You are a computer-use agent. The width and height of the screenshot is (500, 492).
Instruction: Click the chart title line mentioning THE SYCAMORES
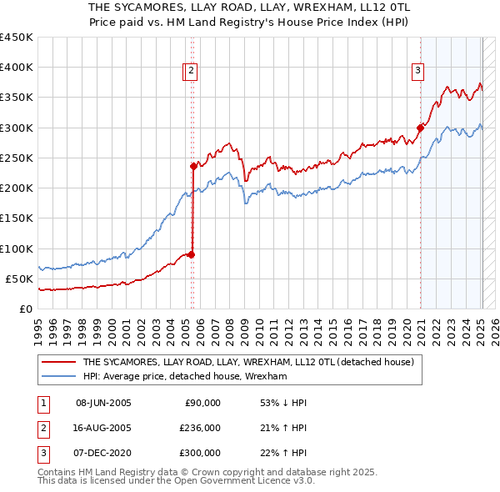click(250, 6)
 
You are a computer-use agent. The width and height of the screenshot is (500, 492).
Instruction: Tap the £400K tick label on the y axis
click(16, 68)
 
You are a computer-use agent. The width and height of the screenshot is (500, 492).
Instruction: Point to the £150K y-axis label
click(16, 218)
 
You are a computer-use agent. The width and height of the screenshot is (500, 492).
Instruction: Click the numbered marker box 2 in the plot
click(191, 71)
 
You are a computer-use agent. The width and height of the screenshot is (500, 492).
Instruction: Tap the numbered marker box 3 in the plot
click(417, 71)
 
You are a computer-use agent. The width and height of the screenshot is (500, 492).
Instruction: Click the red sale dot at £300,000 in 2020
click(421, 128)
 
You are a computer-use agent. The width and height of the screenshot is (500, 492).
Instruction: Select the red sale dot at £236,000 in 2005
click(193, 166)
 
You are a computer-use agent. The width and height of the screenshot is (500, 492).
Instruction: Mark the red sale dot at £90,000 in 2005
click(192, 254)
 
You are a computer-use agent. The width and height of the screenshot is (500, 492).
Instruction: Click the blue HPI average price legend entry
click(184, 376)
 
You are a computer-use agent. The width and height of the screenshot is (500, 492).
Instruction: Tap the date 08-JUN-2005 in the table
click(103, 403)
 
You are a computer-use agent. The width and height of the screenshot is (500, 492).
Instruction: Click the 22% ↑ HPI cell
click(283, 453)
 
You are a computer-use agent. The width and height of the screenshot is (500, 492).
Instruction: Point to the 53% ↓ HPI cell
click(283, 403)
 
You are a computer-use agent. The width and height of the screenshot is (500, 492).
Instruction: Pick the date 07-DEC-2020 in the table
click(103, 453)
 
